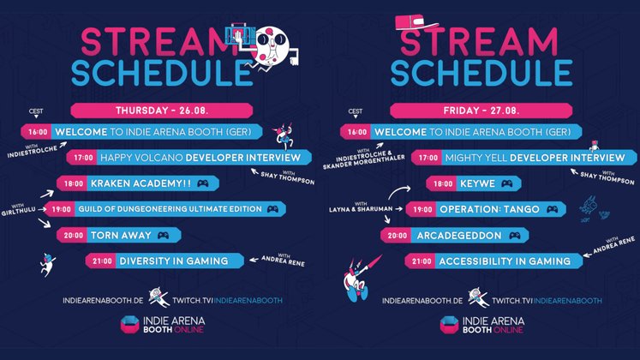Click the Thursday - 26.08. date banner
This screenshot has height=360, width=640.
pos(162,111)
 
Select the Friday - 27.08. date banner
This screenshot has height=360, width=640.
pos(481,111)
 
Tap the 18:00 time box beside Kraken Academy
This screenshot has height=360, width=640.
pos(73,183)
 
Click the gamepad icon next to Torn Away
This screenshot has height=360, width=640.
pos(164,236)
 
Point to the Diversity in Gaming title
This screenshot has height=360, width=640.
pos(173,261)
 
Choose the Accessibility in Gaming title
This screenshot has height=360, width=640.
pos(505,261)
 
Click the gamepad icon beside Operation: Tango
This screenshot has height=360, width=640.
pos(553,209)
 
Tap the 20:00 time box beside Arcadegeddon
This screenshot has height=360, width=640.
pos(397,236)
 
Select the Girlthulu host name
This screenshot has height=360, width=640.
pos(18,211)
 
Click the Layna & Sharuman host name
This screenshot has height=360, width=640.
pos(361,209)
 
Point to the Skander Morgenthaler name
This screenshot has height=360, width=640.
pos(363,162)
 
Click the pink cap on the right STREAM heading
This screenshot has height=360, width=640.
pos(416,21)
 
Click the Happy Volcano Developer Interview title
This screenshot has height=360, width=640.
pos(200,158)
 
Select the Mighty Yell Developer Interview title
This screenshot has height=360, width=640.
pos(535,158)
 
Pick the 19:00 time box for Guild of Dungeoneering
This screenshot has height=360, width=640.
pos(61,209)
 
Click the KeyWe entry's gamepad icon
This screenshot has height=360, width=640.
pos(507,183)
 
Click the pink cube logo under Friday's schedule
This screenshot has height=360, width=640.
pos(450,325)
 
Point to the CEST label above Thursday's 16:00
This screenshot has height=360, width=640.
pos(36,111)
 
